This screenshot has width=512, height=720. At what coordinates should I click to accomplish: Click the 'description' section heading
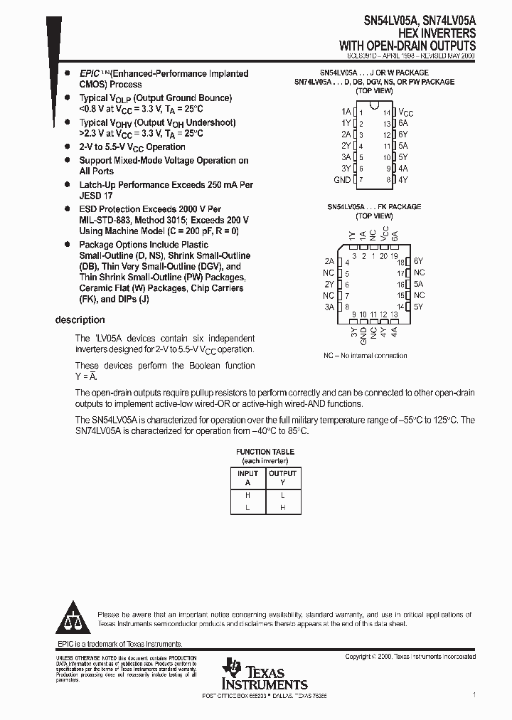(x=80, y=320)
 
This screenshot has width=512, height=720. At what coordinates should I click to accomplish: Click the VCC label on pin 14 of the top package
(x=405, y=112)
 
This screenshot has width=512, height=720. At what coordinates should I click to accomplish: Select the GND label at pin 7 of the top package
(x=342, y=180)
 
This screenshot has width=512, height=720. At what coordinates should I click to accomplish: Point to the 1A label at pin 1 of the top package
(x=346, y=112)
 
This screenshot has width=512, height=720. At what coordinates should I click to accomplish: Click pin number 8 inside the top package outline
(x=388, y=180)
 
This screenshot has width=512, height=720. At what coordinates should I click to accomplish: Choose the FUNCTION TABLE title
(x=265, y=452)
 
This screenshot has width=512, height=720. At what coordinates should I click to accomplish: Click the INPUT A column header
(x=247, y=477)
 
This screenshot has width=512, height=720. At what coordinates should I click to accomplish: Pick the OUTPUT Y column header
(x=282, y=477)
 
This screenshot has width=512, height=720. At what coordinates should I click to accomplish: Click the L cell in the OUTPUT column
(x=282, y=494)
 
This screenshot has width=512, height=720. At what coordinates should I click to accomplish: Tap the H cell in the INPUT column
(x=247, y=494)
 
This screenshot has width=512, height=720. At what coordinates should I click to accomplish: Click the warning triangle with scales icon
(x=73, y=619)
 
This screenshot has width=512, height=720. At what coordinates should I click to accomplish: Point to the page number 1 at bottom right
(x=474, y=694)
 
